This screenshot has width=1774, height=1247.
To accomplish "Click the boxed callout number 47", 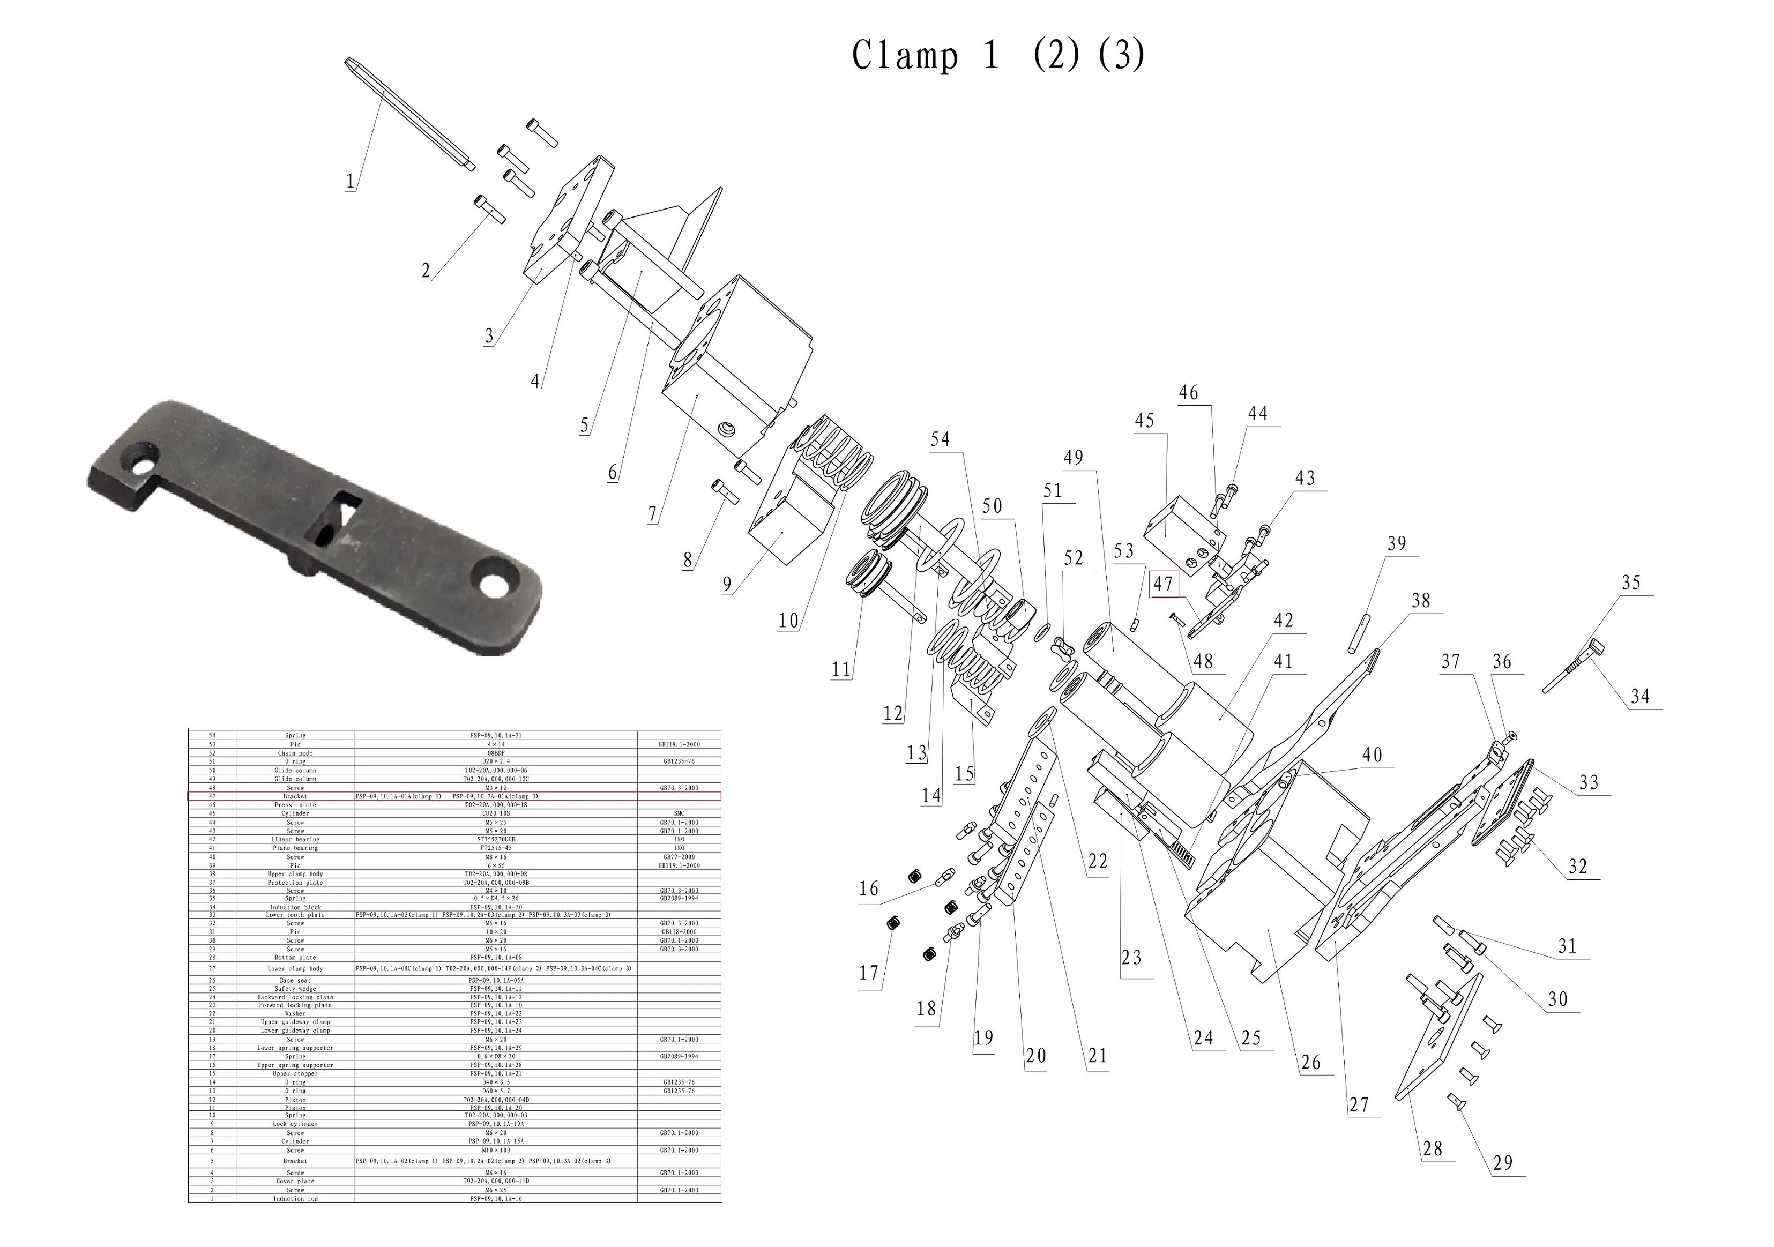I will [1163, 585].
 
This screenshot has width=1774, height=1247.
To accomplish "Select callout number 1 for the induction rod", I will [350, 182].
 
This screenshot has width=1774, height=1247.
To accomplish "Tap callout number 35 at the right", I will [1630, 583].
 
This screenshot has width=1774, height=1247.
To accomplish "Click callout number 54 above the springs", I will [940, 439].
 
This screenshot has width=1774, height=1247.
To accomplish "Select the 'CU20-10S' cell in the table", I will [496, 813].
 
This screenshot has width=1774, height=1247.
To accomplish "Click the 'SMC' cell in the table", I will [679, 813].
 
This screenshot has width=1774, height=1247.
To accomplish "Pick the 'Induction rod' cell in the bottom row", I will [295, 1198].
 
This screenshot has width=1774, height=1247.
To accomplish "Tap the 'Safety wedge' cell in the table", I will [295, 989].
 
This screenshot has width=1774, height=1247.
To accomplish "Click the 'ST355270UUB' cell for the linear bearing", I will [496, 839].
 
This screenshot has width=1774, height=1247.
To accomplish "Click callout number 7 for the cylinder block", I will [653, 514].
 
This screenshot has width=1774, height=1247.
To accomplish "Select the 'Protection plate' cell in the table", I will [295, 882].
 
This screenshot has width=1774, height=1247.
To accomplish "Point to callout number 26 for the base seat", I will [1310, 1062].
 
